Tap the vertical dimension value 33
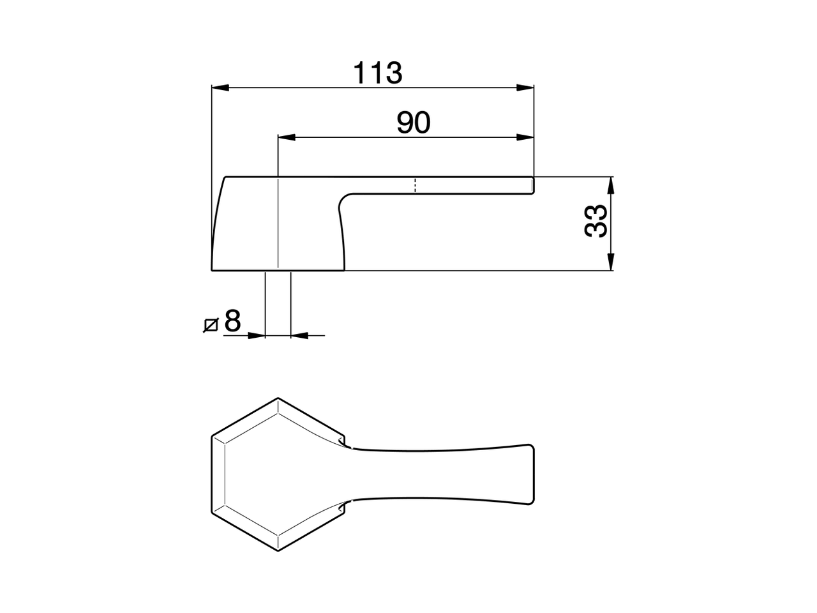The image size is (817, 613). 595,222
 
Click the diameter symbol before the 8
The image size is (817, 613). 211,324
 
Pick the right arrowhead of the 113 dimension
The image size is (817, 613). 525,87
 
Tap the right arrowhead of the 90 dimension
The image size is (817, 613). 525,137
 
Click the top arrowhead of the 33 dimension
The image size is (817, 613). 611,185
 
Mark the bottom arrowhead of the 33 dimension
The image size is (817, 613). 611,262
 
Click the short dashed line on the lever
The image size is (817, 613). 416,185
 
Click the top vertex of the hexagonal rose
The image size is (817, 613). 278,398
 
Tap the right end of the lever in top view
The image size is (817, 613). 531,474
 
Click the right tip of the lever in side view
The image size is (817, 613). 533,185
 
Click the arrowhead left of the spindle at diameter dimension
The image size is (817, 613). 257,335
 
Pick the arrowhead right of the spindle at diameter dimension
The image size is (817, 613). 299,335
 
